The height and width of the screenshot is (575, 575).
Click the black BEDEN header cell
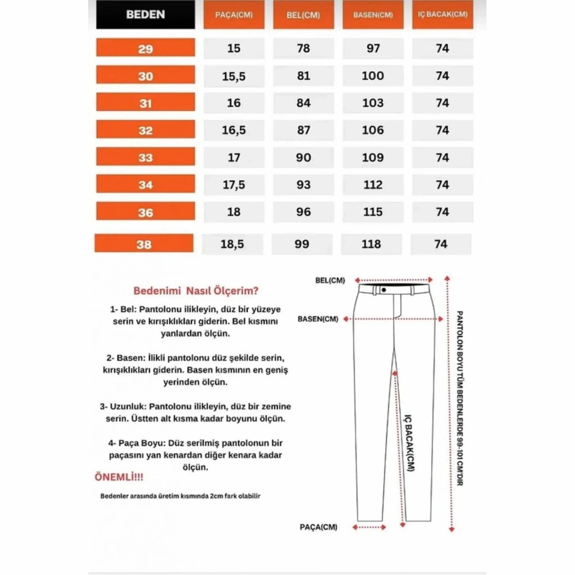[145, 15]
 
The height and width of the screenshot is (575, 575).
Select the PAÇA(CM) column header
[234, 15]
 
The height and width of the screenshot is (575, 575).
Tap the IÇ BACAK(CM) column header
[442, 15]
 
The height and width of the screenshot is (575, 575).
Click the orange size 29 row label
[145, 49]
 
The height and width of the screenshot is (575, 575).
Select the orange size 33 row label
[145, 158]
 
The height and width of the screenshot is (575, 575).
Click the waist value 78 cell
[303, 48]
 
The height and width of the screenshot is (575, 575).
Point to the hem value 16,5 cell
[234, 130]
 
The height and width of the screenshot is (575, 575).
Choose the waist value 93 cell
[303, 185]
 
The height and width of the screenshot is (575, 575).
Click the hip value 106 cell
[373, 130]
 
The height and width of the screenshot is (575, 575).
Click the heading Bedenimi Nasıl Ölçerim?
[196, 291]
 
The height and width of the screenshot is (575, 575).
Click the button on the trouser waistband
[384, 290]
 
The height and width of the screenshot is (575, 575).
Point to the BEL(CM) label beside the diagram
[330, 280]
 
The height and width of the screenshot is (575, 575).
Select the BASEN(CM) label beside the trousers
[318, 319]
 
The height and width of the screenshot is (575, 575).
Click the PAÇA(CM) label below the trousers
[318, 527]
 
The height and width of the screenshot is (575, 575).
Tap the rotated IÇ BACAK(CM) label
[409, 444]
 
